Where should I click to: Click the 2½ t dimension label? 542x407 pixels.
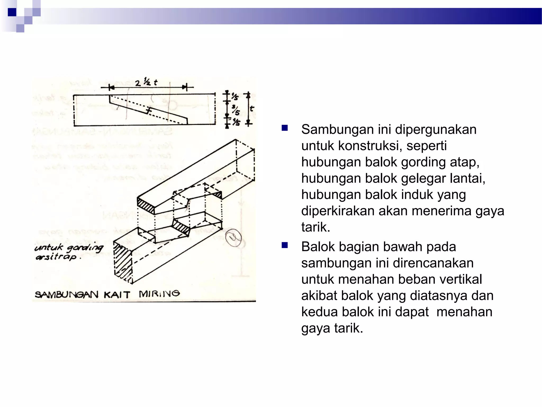point(146,82)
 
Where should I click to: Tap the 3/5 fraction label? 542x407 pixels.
point(236,110)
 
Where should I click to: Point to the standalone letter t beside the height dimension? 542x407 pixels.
point(252,108)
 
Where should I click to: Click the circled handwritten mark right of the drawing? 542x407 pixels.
point(233,238)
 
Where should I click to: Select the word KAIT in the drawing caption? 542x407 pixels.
point(117,295)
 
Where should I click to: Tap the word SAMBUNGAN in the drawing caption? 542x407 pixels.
point(66,295)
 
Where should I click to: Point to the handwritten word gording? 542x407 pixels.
point(85,248)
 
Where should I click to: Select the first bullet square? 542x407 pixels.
point(285,128)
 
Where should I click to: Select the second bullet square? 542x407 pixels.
point(285,245)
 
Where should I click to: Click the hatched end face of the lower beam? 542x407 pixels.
point(123,262)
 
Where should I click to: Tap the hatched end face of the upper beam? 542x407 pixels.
point(146,206)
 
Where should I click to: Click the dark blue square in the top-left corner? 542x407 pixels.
point(12,12)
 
